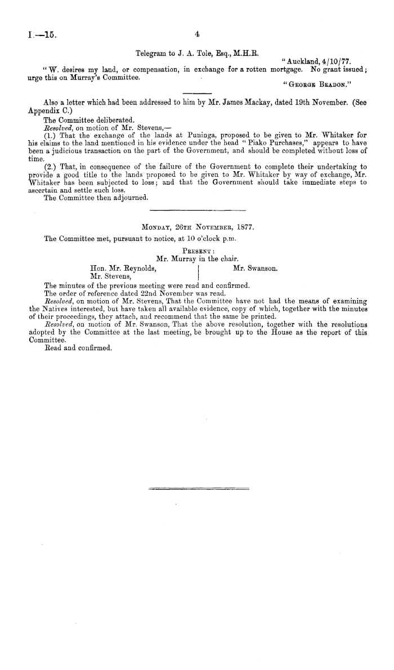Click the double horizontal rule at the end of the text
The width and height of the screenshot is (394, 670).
tap(197, 489)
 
